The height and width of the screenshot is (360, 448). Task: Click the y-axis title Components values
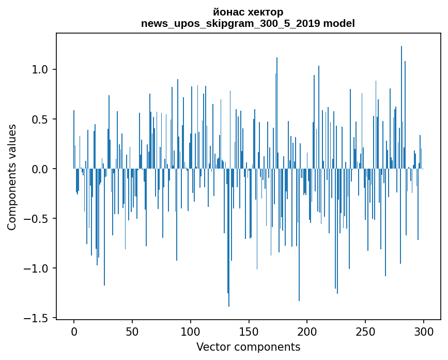(x=12, y=177)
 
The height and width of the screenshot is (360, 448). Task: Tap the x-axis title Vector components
(x=248, y=347)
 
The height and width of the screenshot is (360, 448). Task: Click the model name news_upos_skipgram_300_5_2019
(x=231, y=23)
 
